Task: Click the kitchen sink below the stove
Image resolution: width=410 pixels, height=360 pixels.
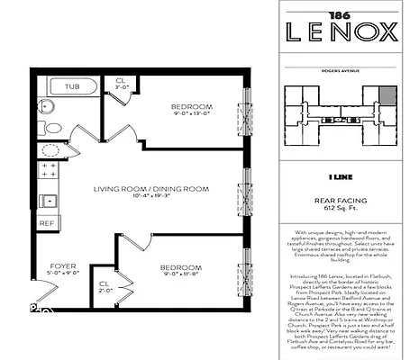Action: [47, 200]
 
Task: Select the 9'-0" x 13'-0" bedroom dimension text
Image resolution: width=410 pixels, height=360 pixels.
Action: [191, 113]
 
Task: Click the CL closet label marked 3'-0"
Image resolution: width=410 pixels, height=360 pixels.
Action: [120, 85]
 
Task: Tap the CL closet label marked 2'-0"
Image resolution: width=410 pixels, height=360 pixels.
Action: [105, 287]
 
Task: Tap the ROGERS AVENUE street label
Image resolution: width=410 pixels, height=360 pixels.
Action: [341, 66]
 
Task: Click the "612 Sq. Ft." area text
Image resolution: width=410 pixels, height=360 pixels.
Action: [341, 207]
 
